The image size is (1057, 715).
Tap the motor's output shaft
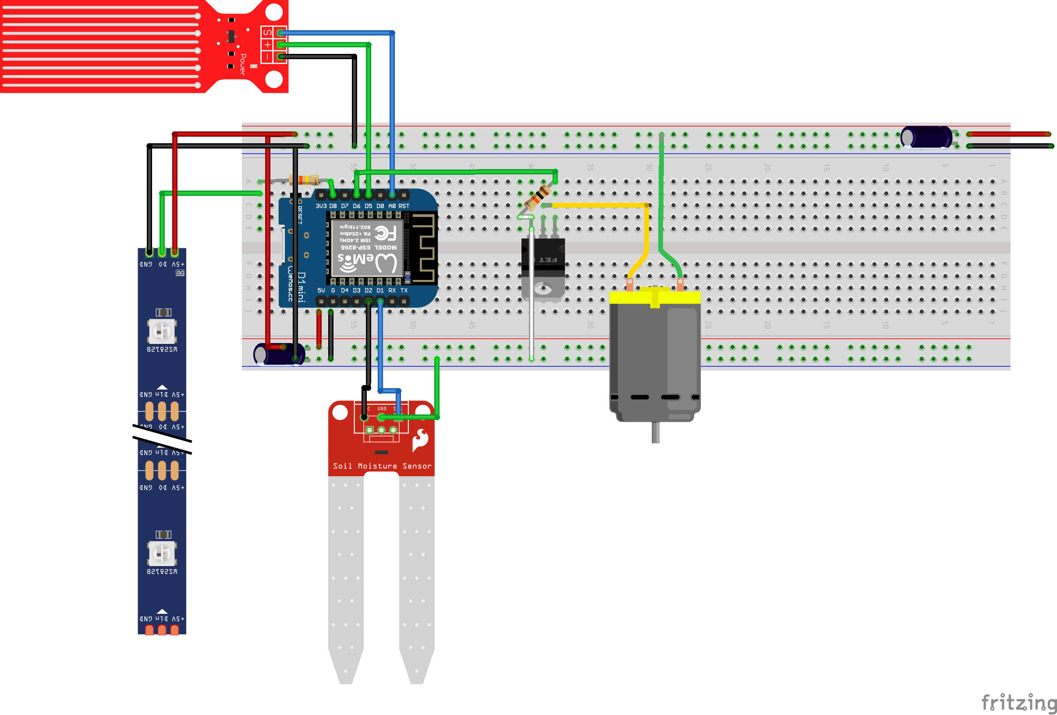pos(655,432)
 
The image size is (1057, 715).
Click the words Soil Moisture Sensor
pos(382,466)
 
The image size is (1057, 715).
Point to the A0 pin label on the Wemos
pos(392,206)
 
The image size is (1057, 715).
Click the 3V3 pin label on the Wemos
pos(321,206)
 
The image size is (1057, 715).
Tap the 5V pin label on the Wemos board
pos(321,290)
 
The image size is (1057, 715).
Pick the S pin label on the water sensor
pos(267,32)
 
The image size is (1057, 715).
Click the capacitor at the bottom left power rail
pos(279,354)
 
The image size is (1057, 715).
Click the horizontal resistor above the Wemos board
pos(304,180)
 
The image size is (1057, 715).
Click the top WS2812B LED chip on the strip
pos(161,331)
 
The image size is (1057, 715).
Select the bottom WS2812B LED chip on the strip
pos(161,553)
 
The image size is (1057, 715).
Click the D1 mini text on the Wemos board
pos(301,287)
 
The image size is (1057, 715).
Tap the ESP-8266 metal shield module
pos(367,248)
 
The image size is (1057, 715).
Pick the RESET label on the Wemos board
pos(300,215)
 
